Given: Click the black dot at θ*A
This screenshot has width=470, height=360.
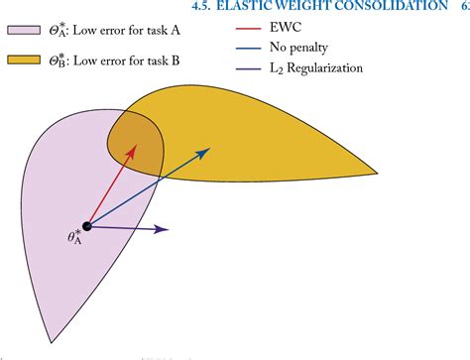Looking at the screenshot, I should (x=87, y=227).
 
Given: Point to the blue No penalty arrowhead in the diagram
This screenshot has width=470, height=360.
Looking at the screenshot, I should (x=208, y=151).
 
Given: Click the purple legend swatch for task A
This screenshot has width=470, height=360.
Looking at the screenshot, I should (x=22, y=30).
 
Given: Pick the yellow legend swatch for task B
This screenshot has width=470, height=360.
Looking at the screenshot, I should (x=22, y=61).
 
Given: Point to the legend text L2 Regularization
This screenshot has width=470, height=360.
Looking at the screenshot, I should (x=316, y=68).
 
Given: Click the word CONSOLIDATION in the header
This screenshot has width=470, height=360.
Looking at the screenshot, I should (x=388, y=7).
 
